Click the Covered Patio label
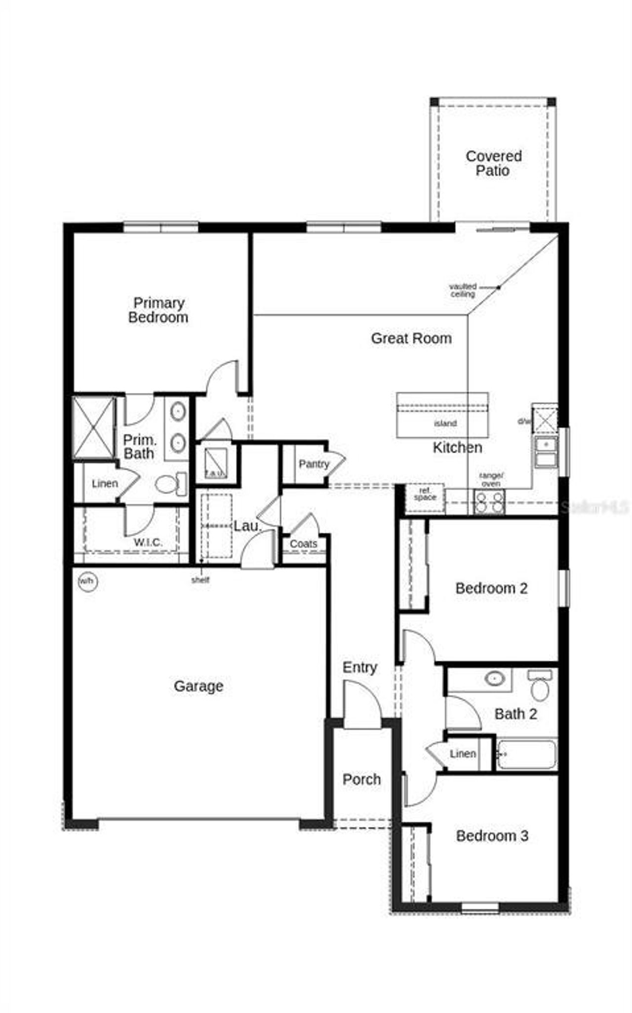coord(493,163)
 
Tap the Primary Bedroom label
coord(158,310)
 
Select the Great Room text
coord(411,339)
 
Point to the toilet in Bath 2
coord(540,687)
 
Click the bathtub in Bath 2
coord(526,754)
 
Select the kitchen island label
coord(445,424)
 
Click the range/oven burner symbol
coord(489,503)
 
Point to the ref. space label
coord(425,495)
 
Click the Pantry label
coord(314,464)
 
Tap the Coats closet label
coord(303,544)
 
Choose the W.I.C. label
coord(148,543)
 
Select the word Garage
coord(198,686)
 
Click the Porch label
coord(361,779)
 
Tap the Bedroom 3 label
coord(492,836)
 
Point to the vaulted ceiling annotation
coord(463,290)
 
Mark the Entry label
coord(360,667)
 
